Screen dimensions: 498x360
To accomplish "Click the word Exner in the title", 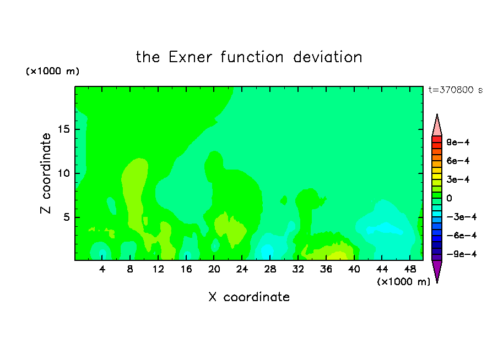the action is point(190,57).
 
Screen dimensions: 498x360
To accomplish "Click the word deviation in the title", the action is point(327,57).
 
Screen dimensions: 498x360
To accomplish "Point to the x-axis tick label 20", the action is point(214,269).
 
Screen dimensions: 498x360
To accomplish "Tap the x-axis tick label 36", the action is point(326,269).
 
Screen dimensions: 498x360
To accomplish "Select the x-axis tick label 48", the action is point(410,269).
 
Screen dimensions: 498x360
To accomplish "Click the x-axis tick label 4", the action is point(102,269).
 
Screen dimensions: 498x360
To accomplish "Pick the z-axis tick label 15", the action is point(63,129).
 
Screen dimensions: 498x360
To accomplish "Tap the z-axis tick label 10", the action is point(63,173).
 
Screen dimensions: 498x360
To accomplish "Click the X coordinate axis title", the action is point(249,297).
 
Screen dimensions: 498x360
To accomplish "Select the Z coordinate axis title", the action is point(46,173).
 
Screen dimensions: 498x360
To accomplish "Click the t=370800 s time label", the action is point(456,90).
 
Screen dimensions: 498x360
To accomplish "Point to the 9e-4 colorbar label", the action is point(458,142).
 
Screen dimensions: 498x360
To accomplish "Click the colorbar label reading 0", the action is point(449,198).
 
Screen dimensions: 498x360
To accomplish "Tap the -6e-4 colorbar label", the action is point(462,236).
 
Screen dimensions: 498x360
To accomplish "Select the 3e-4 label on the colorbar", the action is point(458,179).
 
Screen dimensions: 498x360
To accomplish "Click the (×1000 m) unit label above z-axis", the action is point(52,71).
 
